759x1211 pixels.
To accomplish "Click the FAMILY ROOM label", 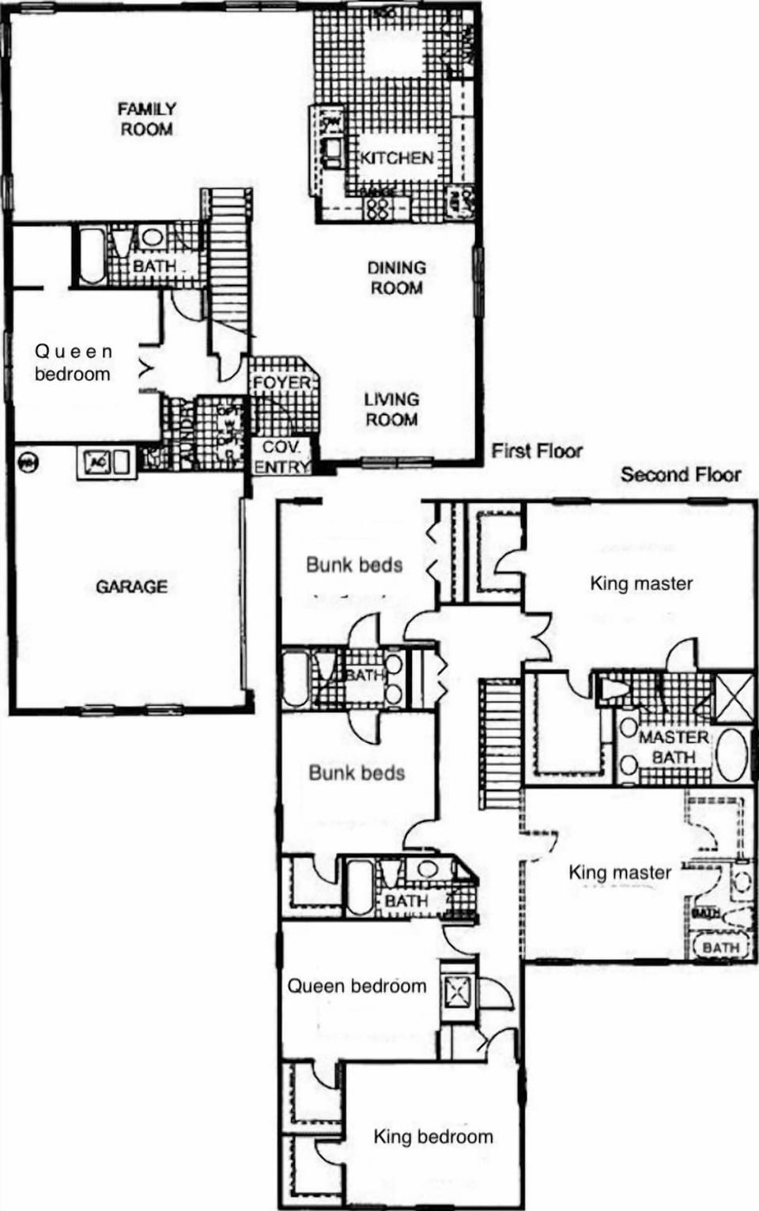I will pos(147,119).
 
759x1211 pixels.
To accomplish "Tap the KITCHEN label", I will pos(397,157).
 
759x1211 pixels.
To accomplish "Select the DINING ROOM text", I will pos(396,277).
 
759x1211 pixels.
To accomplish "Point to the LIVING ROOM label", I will pos(391,409).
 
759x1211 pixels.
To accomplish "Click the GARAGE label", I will pos(131,587).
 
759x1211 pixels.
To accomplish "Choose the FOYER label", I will pos(281,383).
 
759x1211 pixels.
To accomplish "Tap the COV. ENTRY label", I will pos(281,457).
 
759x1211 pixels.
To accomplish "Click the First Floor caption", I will pos(537,451).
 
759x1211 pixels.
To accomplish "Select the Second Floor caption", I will pos(681,474).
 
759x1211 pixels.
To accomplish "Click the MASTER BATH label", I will pos(674,747).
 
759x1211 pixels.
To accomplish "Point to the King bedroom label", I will pos(433,1137).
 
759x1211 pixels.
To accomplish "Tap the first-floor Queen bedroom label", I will pos(73,362).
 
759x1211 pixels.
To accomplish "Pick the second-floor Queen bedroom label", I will pos(357,986).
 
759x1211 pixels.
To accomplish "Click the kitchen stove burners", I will pos(378,208).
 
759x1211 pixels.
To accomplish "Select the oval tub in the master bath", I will pos(732,755).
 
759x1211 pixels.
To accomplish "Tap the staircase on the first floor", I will pos(229,253).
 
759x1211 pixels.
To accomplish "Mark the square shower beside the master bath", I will pos(733,697).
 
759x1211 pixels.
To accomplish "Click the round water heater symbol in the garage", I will pos(28,462).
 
